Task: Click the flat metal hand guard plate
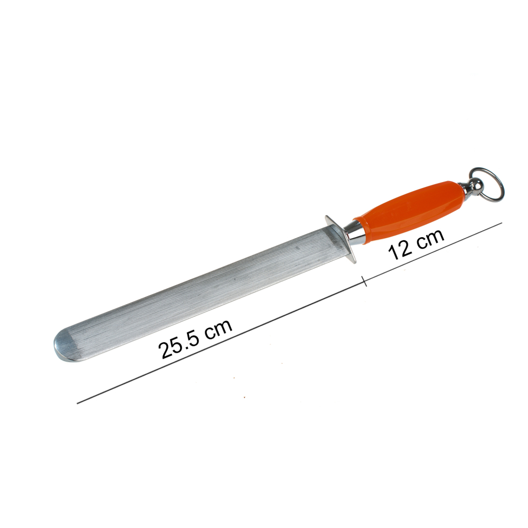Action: point(340,239)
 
